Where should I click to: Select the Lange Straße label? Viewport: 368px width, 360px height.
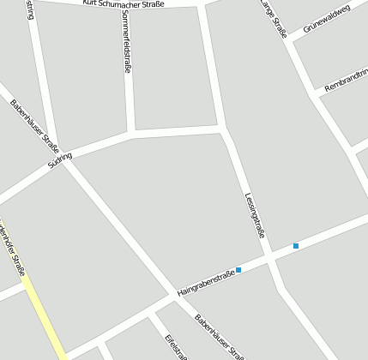point(274,19)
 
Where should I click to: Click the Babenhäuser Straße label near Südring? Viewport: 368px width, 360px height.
point(35,124)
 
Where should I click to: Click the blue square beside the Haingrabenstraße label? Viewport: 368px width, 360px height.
point(239,270)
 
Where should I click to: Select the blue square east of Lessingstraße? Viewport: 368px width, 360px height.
point(296,246)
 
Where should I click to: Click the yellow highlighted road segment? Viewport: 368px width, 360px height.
point(45,317)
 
